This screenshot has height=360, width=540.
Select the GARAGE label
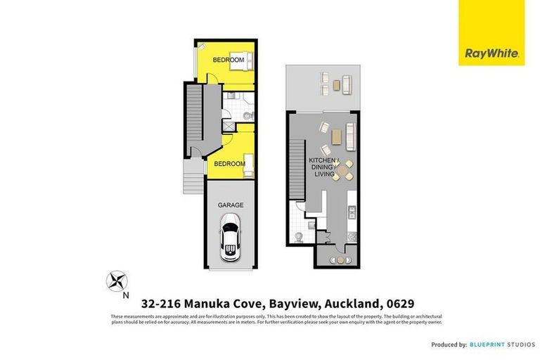click(x=230, y=205)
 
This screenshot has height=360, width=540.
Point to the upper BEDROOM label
click(x=229, y=60)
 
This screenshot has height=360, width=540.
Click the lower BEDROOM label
click(x=229, y=164)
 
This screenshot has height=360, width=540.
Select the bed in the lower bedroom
click(x=245, y=159)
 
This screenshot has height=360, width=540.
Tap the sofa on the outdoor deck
click(x=347, y=85)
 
